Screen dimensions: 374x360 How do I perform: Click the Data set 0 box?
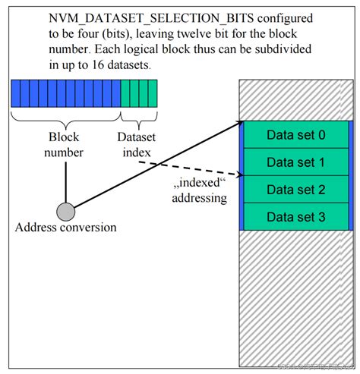pos(296,135)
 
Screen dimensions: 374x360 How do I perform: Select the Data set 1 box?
pos(296,162)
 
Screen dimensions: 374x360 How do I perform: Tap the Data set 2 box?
pos(296,190)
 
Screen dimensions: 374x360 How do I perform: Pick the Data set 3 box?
pos(296,217)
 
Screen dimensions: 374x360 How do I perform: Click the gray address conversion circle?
pos(66,210)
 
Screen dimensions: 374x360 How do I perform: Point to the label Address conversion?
pos(66,228)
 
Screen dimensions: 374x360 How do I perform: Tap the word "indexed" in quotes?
pos(194,184)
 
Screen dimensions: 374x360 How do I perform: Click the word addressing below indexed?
pos(198,198)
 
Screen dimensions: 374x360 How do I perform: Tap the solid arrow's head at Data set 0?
pos(237,123)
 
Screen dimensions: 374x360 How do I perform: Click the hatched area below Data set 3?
pos(296,296)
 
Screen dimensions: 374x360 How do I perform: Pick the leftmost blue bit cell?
pos(16,94)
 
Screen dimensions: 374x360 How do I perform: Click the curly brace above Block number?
pos(65,118)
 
